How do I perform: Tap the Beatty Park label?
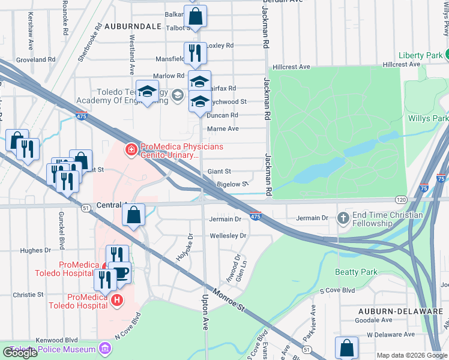click(x=357, y=272)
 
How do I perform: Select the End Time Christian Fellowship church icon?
click(x=343, y=217)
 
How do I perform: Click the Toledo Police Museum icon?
click(x=106, y=349)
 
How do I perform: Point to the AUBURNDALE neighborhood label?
click(x=133, y=27)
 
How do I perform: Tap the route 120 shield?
click(x=401, y=199)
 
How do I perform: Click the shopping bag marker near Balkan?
click(x=195, y=17)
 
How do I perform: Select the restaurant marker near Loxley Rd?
click(x=195, y=53)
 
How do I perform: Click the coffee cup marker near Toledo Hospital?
click(x=121, y=273)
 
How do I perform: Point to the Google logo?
click(x=20, y=353)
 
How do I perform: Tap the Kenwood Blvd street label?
click(x=57, y=340)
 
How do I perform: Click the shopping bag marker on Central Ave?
click(x=134, y=214)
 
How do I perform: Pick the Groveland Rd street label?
click(x=35, y=60)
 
